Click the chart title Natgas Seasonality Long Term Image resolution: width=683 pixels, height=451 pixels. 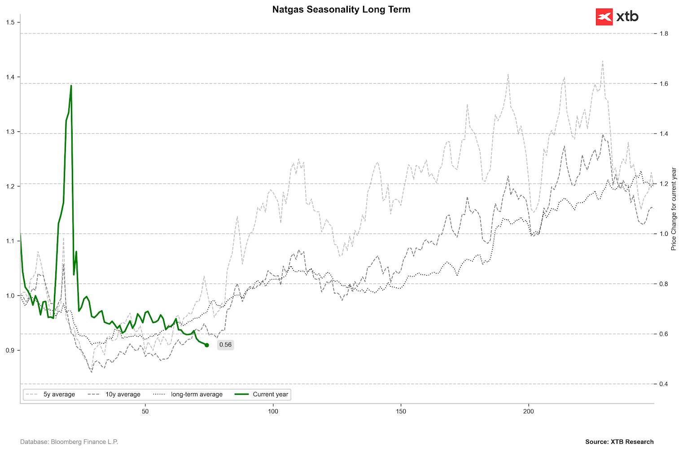tap(341, 9)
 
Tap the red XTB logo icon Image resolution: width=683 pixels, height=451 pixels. tap(604, 17)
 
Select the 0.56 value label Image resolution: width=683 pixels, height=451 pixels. tap(225, 345)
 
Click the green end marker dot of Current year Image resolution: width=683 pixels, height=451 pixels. tap(206, 345)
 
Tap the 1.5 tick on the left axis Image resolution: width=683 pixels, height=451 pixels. tap(10, 22)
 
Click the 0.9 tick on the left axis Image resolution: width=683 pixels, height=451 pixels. tap(10, 350)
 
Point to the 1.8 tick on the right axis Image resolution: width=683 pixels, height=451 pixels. tap(663, 34)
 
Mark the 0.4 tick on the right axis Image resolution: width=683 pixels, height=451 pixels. tap(663, 384)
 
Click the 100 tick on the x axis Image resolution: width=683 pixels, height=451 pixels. tap(273, 412)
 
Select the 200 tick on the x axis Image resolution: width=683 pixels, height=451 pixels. tap(529, 412)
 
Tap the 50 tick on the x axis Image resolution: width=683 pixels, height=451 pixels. tap(145, 412)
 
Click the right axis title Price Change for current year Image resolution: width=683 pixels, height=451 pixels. tap(674, 209)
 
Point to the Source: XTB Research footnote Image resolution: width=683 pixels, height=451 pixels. tap(619, 442)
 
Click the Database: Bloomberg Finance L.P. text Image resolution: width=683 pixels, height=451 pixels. tap(69, 442)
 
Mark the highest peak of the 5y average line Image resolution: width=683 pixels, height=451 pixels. tap(602, 61)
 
